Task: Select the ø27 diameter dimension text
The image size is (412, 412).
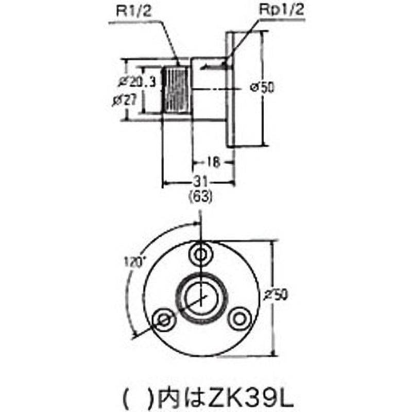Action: pos(125,101)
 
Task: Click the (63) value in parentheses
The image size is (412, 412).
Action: pos(199,196)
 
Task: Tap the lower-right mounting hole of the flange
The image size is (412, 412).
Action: pos(238,319)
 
